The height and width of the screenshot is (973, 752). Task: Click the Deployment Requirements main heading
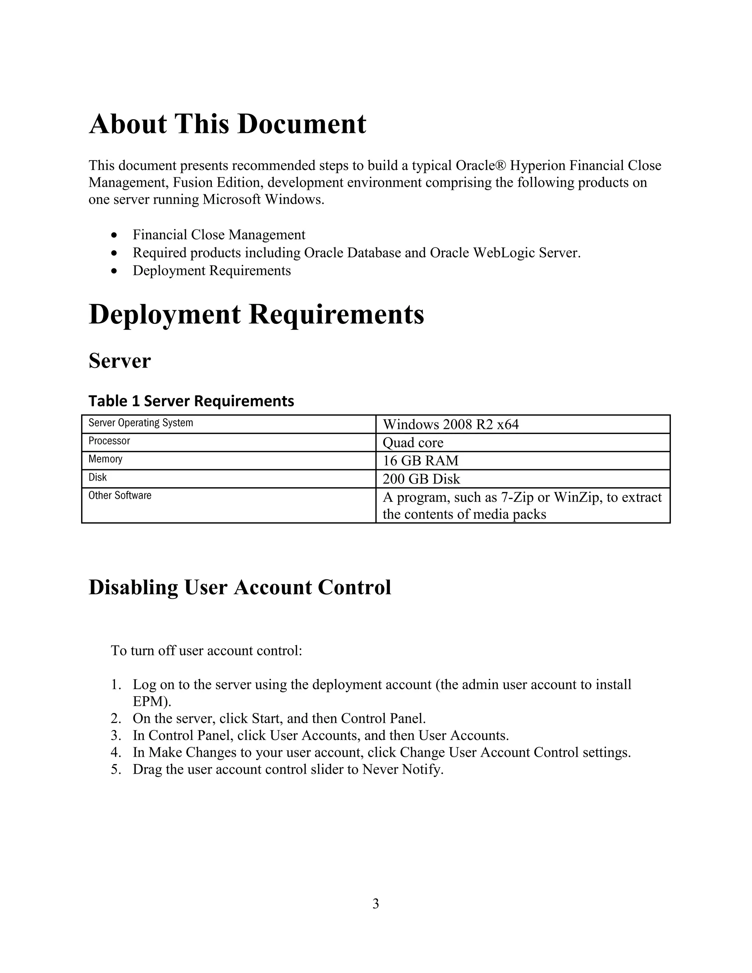click(256, 315)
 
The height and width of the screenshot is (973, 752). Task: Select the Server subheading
click(119, 361)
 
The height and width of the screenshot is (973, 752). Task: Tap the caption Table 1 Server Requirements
click(191, 401)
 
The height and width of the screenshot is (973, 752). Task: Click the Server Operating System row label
click(141, 423)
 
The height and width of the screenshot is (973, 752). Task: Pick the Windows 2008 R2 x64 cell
click(451, 424)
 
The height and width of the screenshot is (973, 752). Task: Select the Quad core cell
click(413, 443)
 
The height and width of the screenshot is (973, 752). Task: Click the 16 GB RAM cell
click(420, 461)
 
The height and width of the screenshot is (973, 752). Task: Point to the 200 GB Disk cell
click(421, 479)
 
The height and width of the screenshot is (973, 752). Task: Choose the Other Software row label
click(120, 495)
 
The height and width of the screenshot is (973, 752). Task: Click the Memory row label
click(105, 459)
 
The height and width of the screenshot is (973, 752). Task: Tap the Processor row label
click(109, 441)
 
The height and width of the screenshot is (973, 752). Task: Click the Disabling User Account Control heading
click(240, 587)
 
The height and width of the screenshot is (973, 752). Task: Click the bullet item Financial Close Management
click(219, 235)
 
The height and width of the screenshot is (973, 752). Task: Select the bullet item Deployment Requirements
click(211, 271)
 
